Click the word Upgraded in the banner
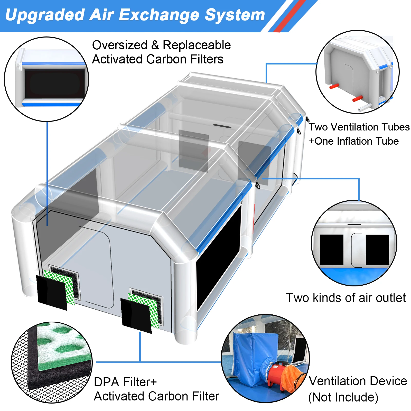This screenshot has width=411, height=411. [45, 15]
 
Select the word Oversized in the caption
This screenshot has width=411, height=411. [119, 45]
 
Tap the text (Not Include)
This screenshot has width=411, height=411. [343, 397]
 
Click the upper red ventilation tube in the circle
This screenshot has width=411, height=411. [334, 86]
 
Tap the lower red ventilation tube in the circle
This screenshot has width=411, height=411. [357, 98]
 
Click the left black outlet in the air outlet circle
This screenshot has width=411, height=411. [332, 249]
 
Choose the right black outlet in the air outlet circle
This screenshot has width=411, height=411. [377, 249]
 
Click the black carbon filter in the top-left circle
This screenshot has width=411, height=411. [54, 83]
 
